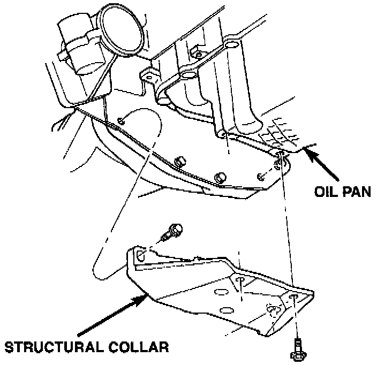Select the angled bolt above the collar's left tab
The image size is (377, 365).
point(174,232)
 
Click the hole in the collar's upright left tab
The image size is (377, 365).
point(139,256)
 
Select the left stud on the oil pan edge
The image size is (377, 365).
point(180,160)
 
